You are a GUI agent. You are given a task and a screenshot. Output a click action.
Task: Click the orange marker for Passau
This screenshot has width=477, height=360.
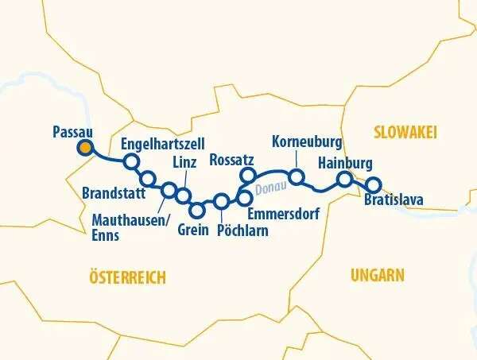click(84, 147)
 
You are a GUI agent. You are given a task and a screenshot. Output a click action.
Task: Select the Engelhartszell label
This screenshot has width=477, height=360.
click(162, 144)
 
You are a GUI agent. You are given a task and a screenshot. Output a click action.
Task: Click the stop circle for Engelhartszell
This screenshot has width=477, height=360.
click(132, 162)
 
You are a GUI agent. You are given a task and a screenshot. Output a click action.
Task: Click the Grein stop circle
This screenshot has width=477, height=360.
click(198, 211)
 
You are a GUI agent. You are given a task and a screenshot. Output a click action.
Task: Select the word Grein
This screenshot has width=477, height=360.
click(192, 230)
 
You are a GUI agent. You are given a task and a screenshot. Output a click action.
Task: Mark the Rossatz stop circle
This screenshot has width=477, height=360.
click(247, 175)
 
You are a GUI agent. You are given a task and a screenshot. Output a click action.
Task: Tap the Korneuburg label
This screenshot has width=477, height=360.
click(307, 143)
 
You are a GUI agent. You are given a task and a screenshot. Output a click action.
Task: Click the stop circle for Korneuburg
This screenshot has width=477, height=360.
click(296, 176)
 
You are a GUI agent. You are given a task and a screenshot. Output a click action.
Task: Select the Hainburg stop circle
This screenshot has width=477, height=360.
click(344, 180)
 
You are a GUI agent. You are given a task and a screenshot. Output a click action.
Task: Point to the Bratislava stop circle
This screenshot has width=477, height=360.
click(373, 185)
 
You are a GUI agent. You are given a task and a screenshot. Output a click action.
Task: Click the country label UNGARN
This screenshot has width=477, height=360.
click(377, 275)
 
